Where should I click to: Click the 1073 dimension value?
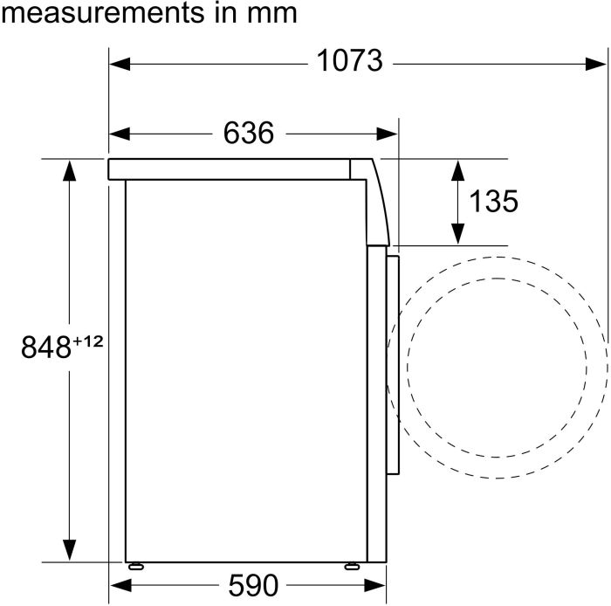[349, 61]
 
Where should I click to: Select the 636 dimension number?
[249, 133]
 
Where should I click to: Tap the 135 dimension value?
[493, 201]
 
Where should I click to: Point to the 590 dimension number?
[253, 585]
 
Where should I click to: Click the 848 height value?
[46, 348]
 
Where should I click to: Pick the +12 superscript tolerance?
[88, 341]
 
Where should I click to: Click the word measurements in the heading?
[102, 13]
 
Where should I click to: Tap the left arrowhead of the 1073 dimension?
[120, 64]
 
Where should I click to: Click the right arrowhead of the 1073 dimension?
[596, 64]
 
